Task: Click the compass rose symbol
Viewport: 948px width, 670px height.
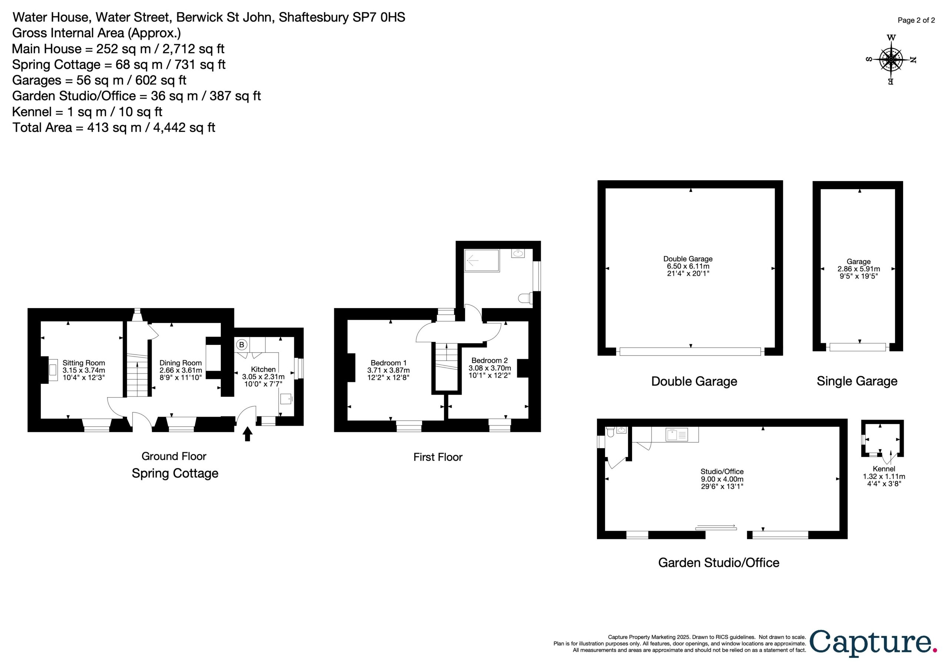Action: tap(891, 60)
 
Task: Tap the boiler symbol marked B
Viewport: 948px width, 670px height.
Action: tap(241, 344)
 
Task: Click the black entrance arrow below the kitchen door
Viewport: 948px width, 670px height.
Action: tap(247, 434)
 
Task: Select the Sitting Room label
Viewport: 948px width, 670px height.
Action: tap(84, 363)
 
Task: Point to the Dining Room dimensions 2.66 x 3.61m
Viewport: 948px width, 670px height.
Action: tap(181, 370)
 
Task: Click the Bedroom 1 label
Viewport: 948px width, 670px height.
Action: tap(388, 363)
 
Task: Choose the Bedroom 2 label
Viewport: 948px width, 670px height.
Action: tap(490, 361)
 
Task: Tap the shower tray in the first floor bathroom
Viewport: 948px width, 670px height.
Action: tap(482, 260)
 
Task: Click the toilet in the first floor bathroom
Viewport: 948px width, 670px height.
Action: tap(525, 298)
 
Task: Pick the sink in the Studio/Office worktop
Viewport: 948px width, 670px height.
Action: tap(677, 434)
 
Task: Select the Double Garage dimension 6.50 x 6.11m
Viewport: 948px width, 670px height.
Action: tap(688, 266)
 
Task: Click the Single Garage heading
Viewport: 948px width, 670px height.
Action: tap(857, 381)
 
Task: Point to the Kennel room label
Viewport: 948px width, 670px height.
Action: tap(884, 469)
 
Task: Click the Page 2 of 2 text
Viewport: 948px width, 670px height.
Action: tap(916, 20)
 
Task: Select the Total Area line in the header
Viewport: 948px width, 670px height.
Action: tap(114, 127)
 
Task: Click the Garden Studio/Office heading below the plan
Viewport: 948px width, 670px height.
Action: tap(719, 563)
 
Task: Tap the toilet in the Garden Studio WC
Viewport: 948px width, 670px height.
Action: tap(611, 431)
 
